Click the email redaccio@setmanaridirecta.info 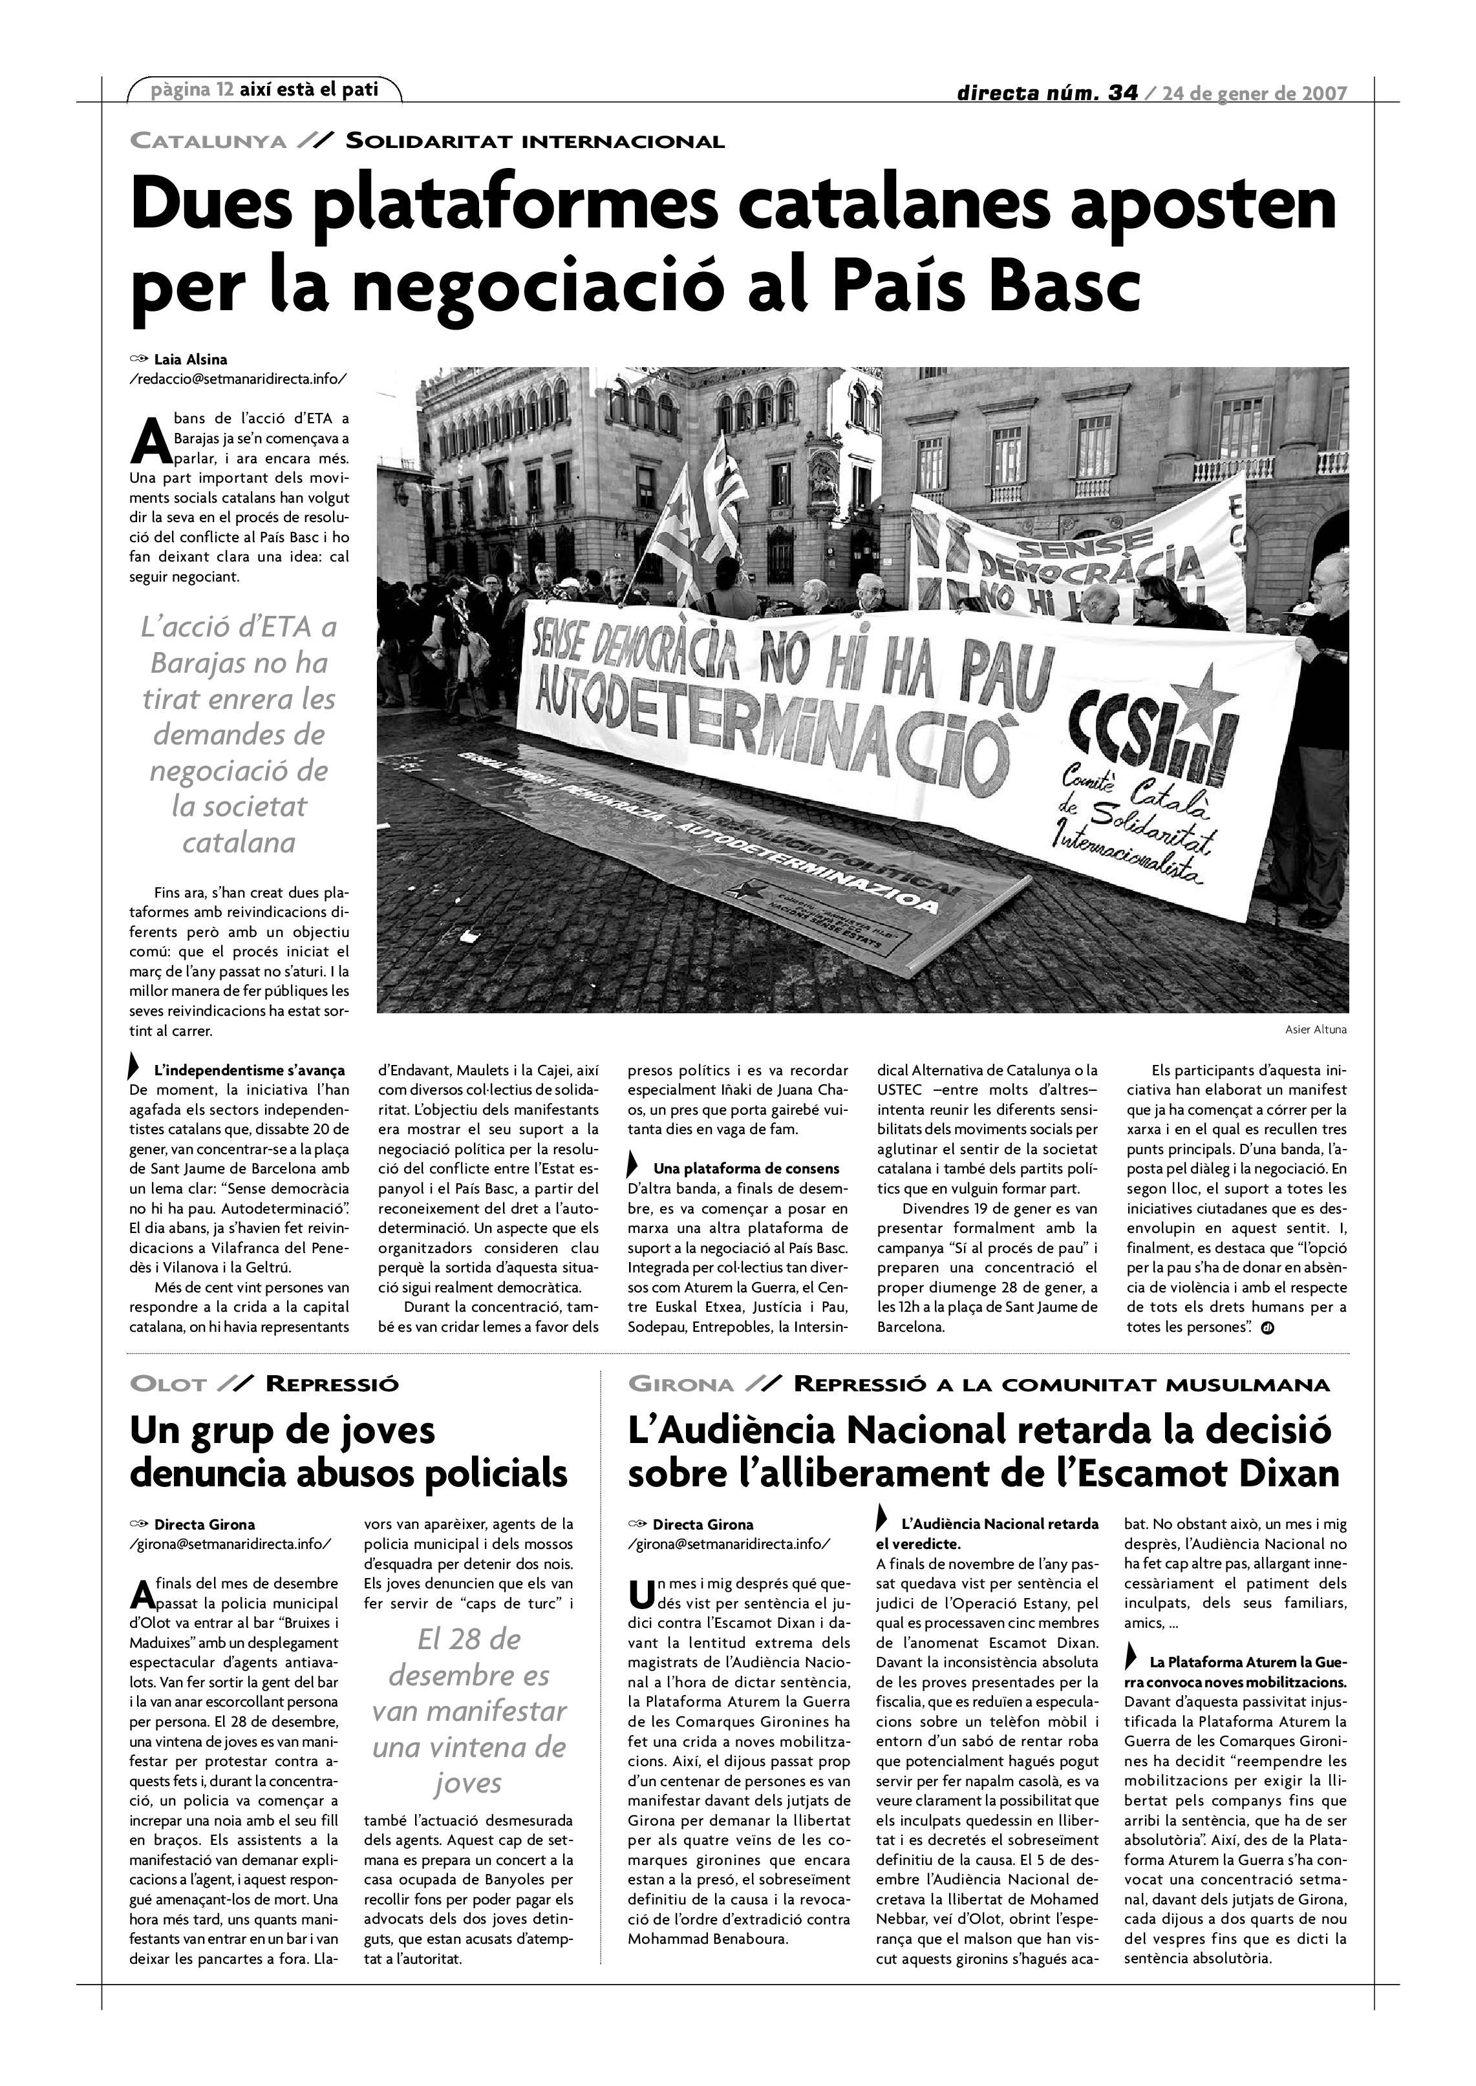[238, 378]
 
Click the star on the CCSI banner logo [1203, 696]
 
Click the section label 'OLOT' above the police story [169, 1385]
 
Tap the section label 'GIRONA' [681, 1385]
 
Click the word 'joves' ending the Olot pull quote [468, 1784]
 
